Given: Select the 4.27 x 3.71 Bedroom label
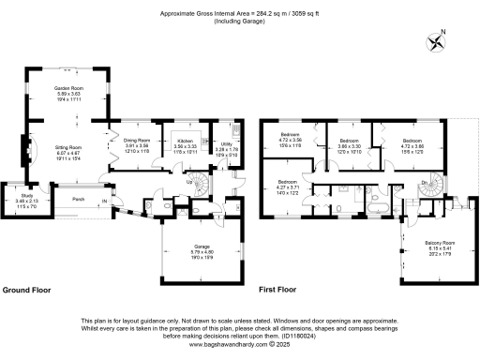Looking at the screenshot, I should click(x=287, y=186).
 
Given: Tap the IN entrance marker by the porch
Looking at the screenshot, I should click(x=106, y=202).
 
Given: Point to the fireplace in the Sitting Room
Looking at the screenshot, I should click(x=27, y=150).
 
